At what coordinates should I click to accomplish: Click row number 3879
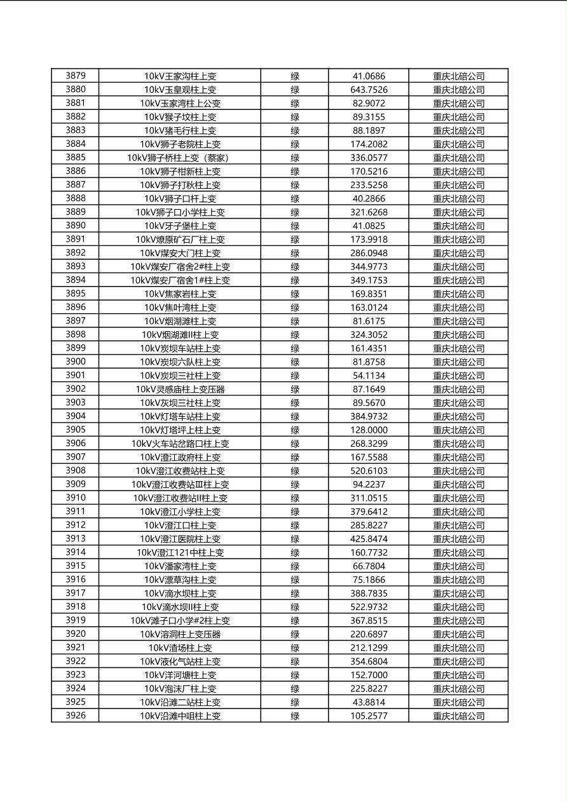click(x=75, y=76)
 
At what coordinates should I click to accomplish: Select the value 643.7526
click(x=369, y=90)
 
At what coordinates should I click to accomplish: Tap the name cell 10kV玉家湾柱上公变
click(x=180, y=103)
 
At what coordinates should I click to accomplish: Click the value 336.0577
click(x=369, y=158)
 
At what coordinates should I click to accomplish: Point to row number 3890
click(x=75, y=226)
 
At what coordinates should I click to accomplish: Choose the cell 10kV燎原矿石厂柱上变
click(x=180, y=240)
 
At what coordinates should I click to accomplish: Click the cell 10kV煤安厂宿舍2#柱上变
click(x=180, y=267)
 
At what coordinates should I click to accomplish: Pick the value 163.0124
click(x=369, y=308)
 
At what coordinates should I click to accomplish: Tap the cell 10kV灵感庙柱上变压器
click(x=180, y=389)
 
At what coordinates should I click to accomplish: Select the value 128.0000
click(x=369, y=430)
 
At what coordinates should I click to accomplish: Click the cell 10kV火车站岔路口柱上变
click(x=180, y=444)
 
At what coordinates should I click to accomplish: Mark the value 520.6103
click(x=369, y=471)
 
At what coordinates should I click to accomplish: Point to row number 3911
click(x=75, y=512)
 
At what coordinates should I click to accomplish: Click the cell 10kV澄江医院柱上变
click(x=180, y=539)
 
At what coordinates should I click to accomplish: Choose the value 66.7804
click(x=369, y=566)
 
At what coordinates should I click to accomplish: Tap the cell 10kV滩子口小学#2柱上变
click(x=180, y=621)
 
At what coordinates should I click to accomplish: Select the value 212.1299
click(x=369, y=648)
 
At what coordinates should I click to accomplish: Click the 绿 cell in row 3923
click(x=295, y=675)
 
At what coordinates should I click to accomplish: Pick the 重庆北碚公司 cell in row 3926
click(x=458, y=716)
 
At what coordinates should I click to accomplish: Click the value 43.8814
click(x=369, y=702)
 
